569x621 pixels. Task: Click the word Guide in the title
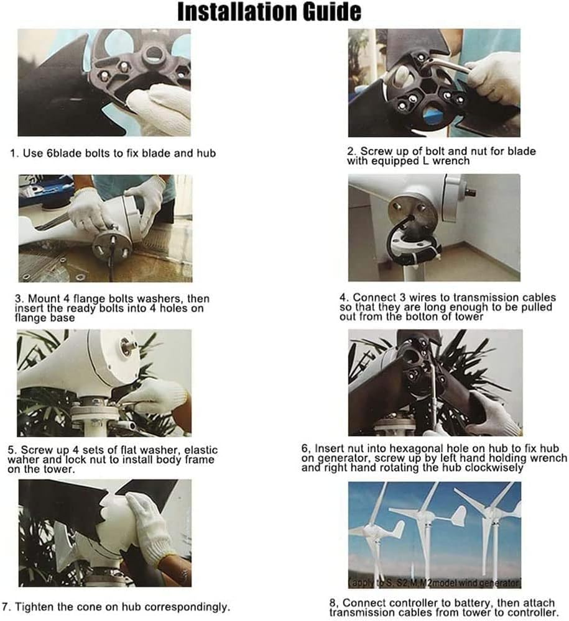332,11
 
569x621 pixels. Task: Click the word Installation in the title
238,11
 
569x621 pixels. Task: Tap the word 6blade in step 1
62,153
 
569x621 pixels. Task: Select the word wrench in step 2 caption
451,161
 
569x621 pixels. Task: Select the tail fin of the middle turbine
457,517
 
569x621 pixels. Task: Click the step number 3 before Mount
18,299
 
